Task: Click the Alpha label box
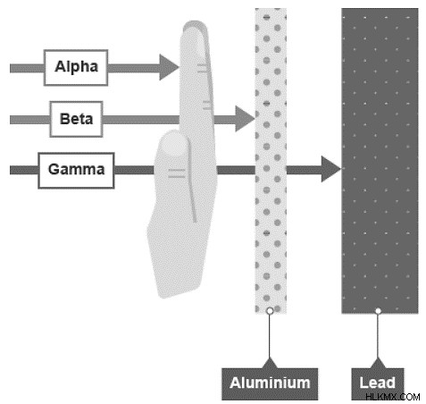[76, 68]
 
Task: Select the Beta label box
[76, 119]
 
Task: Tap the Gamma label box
[76, 171]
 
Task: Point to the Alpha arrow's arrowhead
[169, 67]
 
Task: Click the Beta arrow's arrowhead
[245, 119]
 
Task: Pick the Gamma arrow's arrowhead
[331, 169]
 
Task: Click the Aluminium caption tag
[270, 383]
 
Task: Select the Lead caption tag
[378, 383]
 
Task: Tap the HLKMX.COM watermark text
[393, 397]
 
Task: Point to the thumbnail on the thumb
[174, 144]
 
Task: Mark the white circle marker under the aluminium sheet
[270, 311]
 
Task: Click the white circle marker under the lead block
[378, 311]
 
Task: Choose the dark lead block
[380, 161]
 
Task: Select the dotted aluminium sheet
[271, 161]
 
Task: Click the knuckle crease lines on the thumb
[177, 173]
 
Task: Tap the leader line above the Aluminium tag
[270, 336]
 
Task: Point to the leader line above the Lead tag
[378, 336]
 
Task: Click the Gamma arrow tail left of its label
[24, 170]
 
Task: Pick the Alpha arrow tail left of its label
[27, 68]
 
